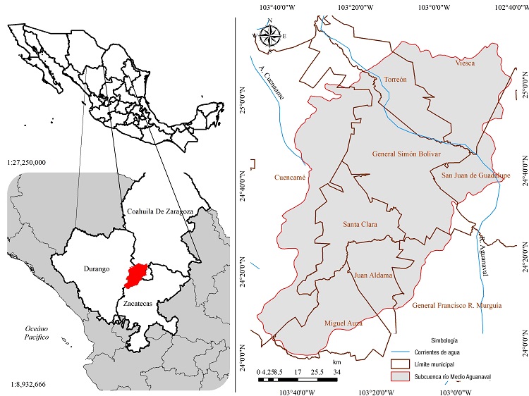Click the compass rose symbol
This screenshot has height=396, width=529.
[x=269, y=36]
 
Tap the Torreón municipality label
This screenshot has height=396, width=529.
[x=396, y=80]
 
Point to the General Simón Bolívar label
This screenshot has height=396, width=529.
[x=406, y=154]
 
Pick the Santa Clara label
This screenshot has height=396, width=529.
[x=360, y=225]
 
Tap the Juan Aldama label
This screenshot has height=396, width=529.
[x=372, y=276]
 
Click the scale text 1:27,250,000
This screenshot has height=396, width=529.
[x=25, y=162]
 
